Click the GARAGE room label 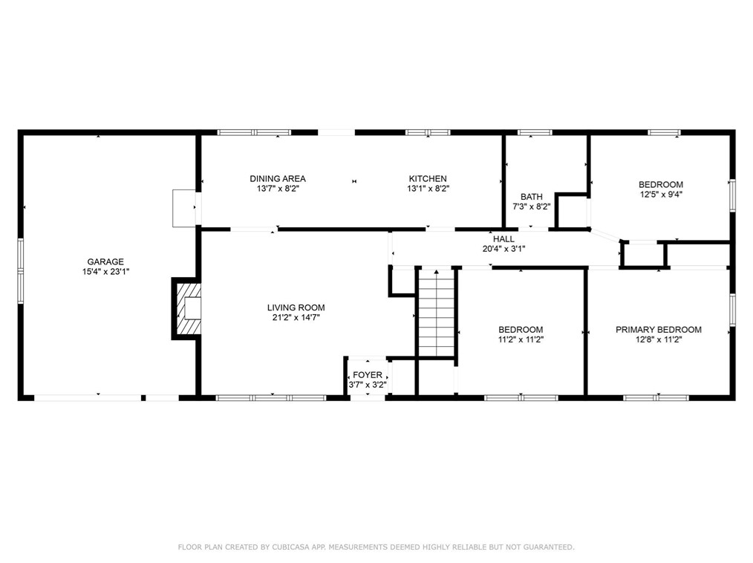[x=105, y=261]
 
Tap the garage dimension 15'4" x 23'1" [x=105, y=272]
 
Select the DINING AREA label [x=278, y=178]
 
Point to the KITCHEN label [x=428, y=178]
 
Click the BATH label [x=532, y=197]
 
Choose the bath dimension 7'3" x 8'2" [x=532, y=207]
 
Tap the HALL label [x=503, y=238]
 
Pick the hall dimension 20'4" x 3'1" [x=503, y=249]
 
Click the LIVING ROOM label [x=296, y=307]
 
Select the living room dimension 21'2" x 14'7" [x=296, y=318]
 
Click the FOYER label [x=368, y=375]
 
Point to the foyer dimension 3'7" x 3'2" [x=368, y=385]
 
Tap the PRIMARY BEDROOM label [x=659, y=330]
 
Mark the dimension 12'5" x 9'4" [x=661, y=195]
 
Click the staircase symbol [x=436, y=313]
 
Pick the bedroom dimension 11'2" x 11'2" [x=521, y=340]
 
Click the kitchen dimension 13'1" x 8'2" [x=428, y=189]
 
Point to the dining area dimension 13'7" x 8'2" [x=278, y=189]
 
